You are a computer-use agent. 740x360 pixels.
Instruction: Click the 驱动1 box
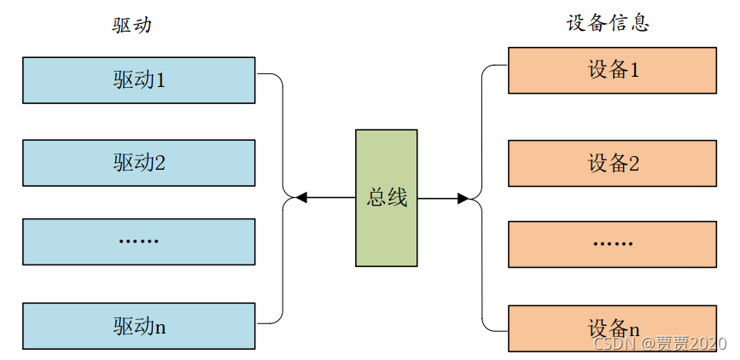point(138,80)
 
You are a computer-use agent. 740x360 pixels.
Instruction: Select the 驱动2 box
point(138,162)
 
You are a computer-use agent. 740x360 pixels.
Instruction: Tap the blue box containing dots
point(138,241)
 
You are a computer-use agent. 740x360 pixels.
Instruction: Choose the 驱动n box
point(138,325)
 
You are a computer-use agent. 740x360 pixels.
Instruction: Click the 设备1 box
point(612,70)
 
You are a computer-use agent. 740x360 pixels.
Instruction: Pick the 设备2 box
point(612,163)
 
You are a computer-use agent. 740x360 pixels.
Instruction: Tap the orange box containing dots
point(612,243)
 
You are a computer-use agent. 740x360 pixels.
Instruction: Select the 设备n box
point(612,328)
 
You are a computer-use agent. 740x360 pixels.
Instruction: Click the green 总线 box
point(387,198)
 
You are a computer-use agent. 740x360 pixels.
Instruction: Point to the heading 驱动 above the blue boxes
point(131,26)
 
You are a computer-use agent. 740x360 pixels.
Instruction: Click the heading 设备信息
point(608,23)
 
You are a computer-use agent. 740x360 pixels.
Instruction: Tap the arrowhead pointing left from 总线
point(301,198)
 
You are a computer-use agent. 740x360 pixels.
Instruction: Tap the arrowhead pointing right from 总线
point(463,199)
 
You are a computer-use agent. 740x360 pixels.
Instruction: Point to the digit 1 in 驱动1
point(160,80)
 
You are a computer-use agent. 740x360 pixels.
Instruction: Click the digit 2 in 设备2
point(634,163)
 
